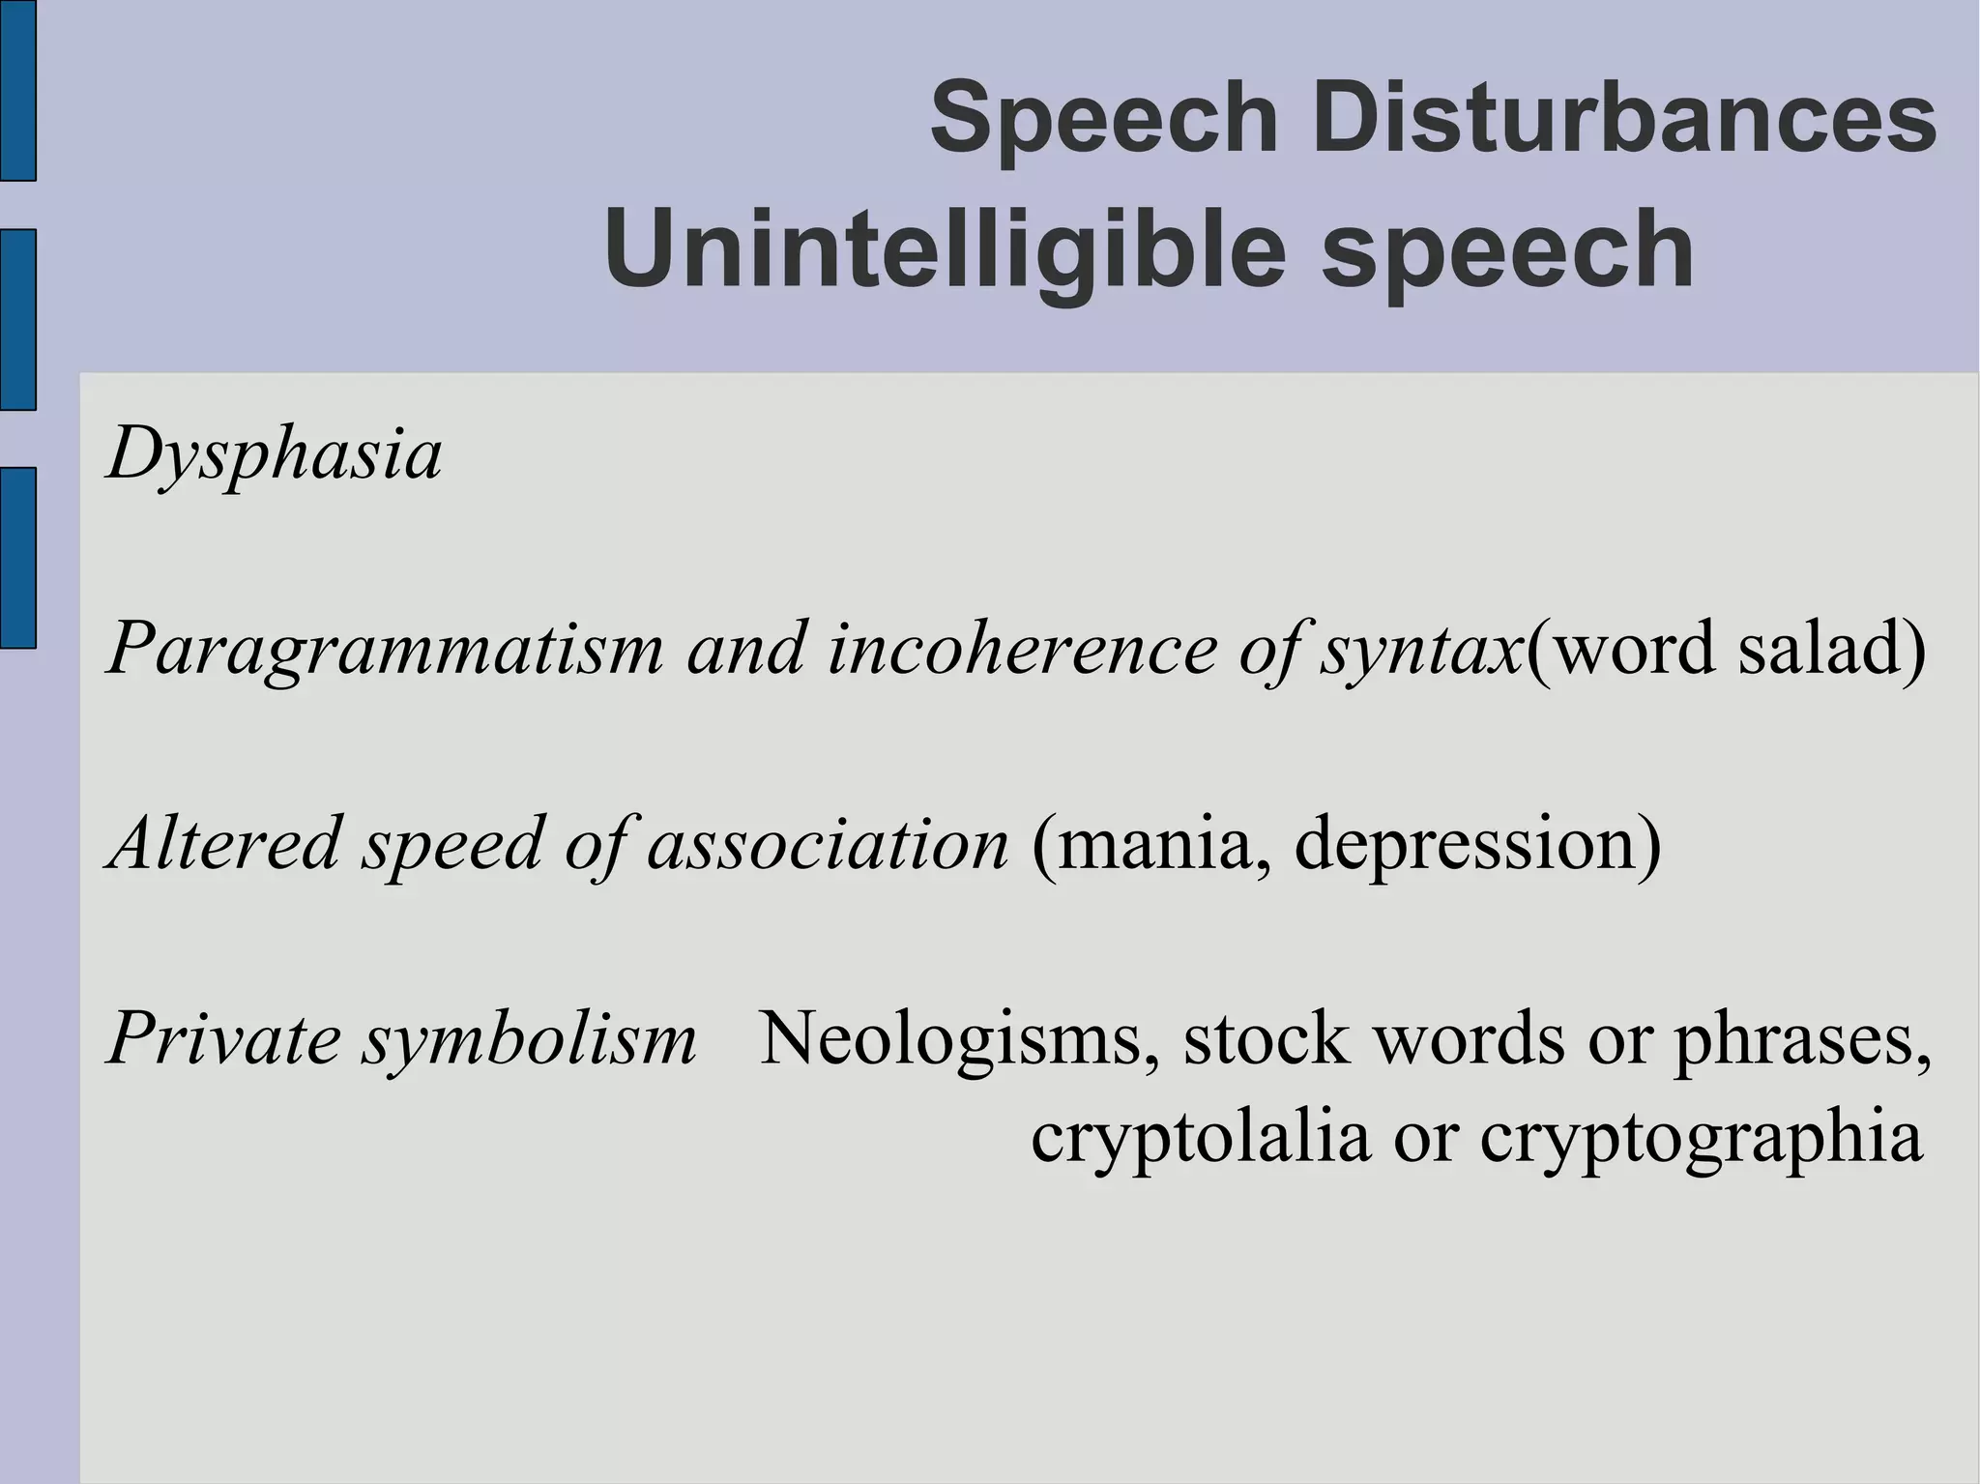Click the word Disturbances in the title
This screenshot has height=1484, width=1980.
[1623, 120]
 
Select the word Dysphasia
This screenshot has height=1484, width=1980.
[275, 454]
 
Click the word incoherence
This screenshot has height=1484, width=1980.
[1022, 648]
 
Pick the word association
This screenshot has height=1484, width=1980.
[828, 843]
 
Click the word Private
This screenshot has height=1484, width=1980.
[224, 1038]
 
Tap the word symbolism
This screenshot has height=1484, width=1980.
[529, 1040]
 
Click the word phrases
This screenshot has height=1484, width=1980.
[1802, 1040]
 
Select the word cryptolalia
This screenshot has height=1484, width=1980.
[1200, 1139]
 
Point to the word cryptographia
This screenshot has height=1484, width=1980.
[1701, 1139]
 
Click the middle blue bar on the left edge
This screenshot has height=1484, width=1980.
[17, 320]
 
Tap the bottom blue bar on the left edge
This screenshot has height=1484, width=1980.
[17, 557]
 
